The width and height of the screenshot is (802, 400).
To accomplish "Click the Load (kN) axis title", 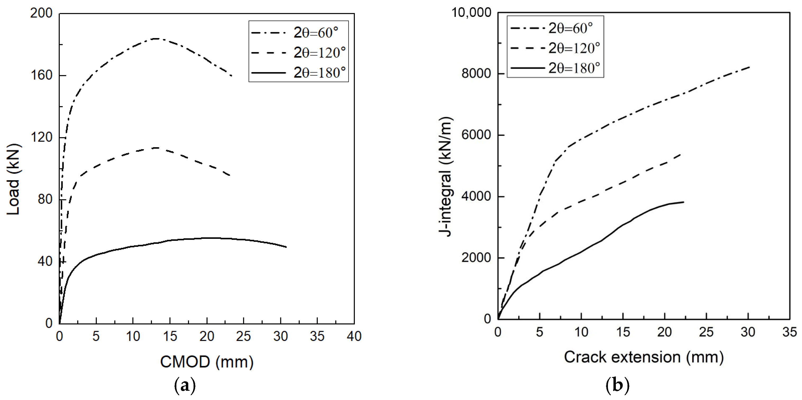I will tap(13, 179).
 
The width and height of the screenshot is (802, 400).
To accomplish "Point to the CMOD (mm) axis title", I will tap(207, 362).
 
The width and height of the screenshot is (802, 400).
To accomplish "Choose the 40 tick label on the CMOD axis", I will tap(354, 336).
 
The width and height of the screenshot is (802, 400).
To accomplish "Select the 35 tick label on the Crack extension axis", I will tap(790, 332).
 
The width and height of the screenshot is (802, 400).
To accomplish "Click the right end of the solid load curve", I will tap(286, 247).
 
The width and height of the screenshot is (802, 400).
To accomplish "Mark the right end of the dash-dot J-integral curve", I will tap(749, 67).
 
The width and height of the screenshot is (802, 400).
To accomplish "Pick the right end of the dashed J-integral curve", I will tap(681, 154).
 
